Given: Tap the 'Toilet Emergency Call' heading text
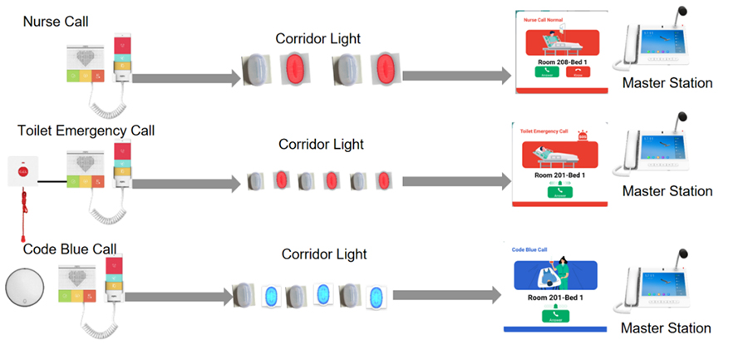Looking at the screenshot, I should coord(86,131).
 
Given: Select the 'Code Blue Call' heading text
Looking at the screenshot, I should coord(69,249).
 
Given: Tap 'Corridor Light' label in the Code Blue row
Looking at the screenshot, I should coord(323,254).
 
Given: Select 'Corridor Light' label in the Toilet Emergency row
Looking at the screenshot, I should coord(321,144).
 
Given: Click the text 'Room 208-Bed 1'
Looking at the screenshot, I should coord(562,61).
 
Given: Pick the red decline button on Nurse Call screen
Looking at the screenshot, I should coord(578,71).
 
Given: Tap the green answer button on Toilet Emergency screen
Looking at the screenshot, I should coord(561,191).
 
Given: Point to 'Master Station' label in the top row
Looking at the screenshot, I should coord(667,83).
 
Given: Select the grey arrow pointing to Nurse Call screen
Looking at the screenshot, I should coord(456,75).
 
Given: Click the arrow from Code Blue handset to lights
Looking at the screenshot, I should coord(175,295).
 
